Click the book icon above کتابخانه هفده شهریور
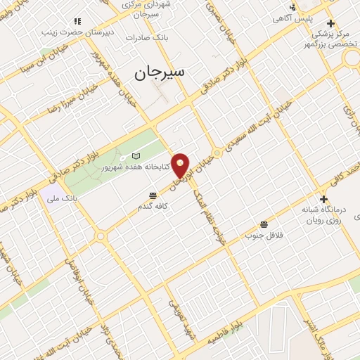pos(136,155)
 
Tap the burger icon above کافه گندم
pos(153,196)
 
